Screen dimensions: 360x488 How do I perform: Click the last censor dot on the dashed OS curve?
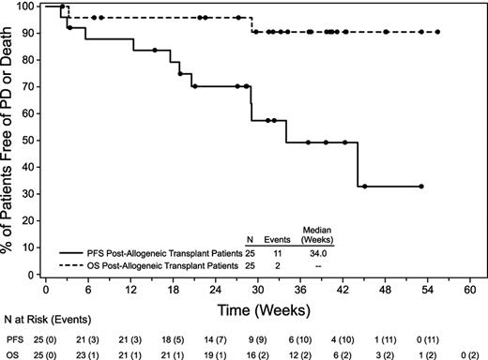click(437, 32)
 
